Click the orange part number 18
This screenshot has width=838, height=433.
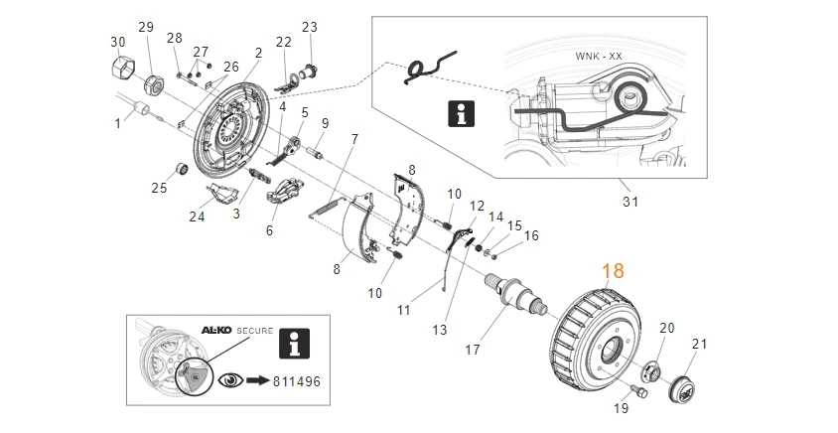pos(612,271)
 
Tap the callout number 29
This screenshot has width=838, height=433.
pos(146,26)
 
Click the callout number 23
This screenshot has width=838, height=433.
pos(309,26)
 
